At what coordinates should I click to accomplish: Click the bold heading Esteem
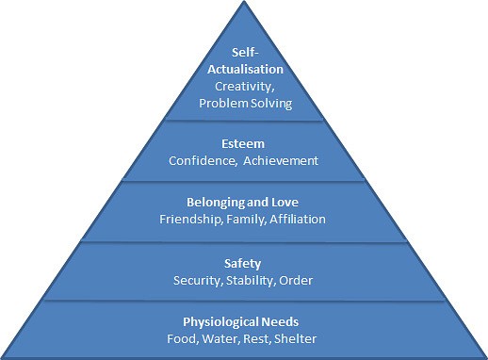point(243,145)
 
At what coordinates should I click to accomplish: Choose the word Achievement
point(281,160)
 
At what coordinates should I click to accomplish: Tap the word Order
point(296,280)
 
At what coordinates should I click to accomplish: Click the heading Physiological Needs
point(243,323)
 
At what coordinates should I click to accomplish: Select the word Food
point(184,338)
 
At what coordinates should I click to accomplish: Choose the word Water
point(221,338)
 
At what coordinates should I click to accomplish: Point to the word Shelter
point(296,338)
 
